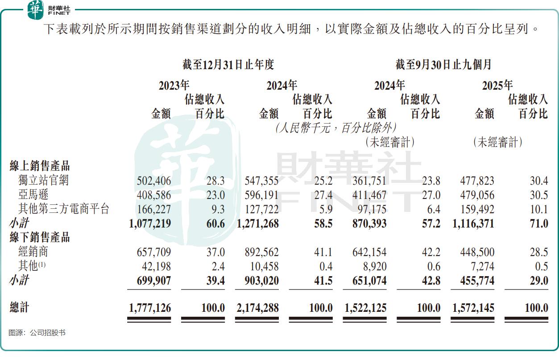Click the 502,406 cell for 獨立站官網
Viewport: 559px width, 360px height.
pos(153,181)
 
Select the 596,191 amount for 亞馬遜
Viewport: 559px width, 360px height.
pos(261,195)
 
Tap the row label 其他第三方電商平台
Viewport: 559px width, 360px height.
pos(63,209)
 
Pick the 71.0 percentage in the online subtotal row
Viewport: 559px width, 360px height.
pos(539,223)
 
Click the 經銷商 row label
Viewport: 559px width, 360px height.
pos(33,252)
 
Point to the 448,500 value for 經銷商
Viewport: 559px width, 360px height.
pos(477,252)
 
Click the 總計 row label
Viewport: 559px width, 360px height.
pos(20,307)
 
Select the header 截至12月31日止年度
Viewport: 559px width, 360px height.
pos(228,65)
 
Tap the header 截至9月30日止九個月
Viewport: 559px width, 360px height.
pos(443,65)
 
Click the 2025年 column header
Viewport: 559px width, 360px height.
pos(497,85)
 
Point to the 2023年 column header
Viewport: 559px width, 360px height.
pos(174,85)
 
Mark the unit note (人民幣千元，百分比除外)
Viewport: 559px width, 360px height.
pos(335,128)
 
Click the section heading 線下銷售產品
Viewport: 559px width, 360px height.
pos(40,237)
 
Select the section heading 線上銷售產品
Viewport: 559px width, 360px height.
pos(40,166)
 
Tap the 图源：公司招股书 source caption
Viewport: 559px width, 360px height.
pos(37,333)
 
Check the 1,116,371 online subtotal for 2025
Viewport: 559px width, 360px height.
pos(473,223)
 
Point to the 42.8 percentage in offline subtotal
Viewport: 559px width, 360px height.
pos(431,281)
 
